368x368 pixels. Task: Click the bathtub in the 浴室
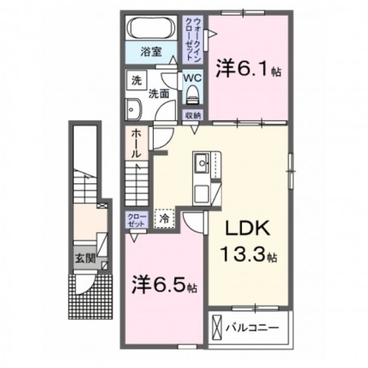click(x=151, y=28)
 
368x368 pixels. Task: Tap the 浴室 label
click(x=151, y=52)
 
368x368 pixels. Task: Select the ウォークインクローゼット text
click(x=192, y=39)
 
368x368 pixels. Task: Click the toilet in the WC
click(x=192, y=94)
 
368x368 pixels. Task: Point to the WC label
click(x=192, y=78)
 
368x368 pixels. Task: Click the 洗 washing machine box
click(x=137, y=80)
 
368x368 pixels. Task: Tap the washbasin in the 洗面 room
click(x=133, y=110)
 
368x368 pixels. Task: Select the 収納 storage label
click(x=193, y=115)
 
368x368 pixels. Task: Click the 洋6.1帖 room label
click(x=249, y=68)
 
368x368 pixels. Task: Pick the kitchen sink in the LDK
click(x=202, y=163)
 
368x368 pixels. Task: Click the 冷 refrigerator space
click(x=164, y=218)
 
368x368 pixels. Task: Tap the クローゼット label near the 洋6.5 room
click(x=137, y=221)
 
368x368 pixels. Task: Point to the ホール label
click(x=137, y=144)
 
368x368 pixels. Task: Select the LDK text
click(x=248, y=227)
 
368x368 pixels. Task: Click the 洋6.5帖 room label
click(x=164, y=285)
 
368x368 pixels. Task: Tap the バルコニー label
click(x=252, y=327)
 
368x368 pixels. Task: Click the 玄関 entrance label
click(x=85, y=258)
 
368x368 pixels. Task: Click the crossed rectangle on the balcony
click(x=218, y=327)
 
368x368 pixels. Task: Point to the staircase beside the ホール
click(x=137, y=183)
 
